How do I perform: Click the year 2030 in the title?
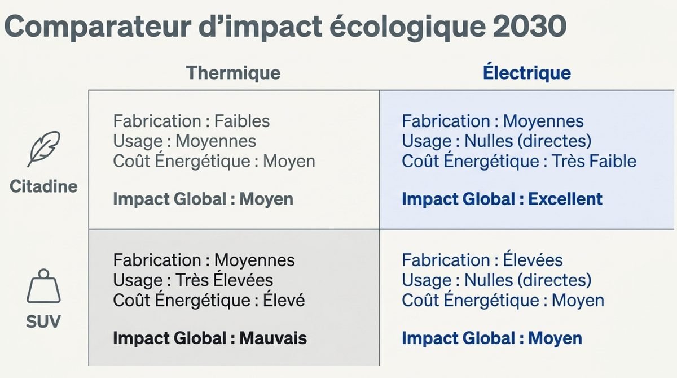(530, 27)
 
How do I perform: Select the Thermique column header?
(234, 73)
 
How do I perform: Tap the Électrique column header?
(527, 73)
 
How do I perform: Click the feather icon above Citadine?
(44, 149)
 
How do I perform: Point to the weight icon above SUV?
(44, 286)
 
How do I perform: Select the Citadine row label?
(43, 186)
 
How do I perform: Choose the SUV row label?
(43, 321)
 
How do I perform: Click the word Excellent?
(565, 199)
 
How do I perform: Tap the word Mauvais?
(273, 338)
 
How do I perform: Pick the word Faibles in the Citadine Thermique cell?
(242, 121)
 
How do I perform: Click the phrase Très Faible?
(594, 161)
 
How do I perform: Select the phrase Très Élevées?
(225, 280)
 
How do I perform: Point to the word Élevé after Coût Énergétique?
(284, 300)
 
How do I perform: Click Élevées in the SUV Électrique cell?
(533, 260)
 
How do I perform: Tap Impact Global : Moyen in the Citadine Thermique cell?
(203, 199)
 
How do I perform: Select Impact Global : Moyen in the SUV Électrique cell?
(492, 338)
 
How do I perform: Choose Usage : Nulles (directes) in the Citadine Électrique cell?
(496, 141)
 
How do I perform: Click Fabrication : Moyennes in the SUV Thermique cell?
(204, 260)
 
